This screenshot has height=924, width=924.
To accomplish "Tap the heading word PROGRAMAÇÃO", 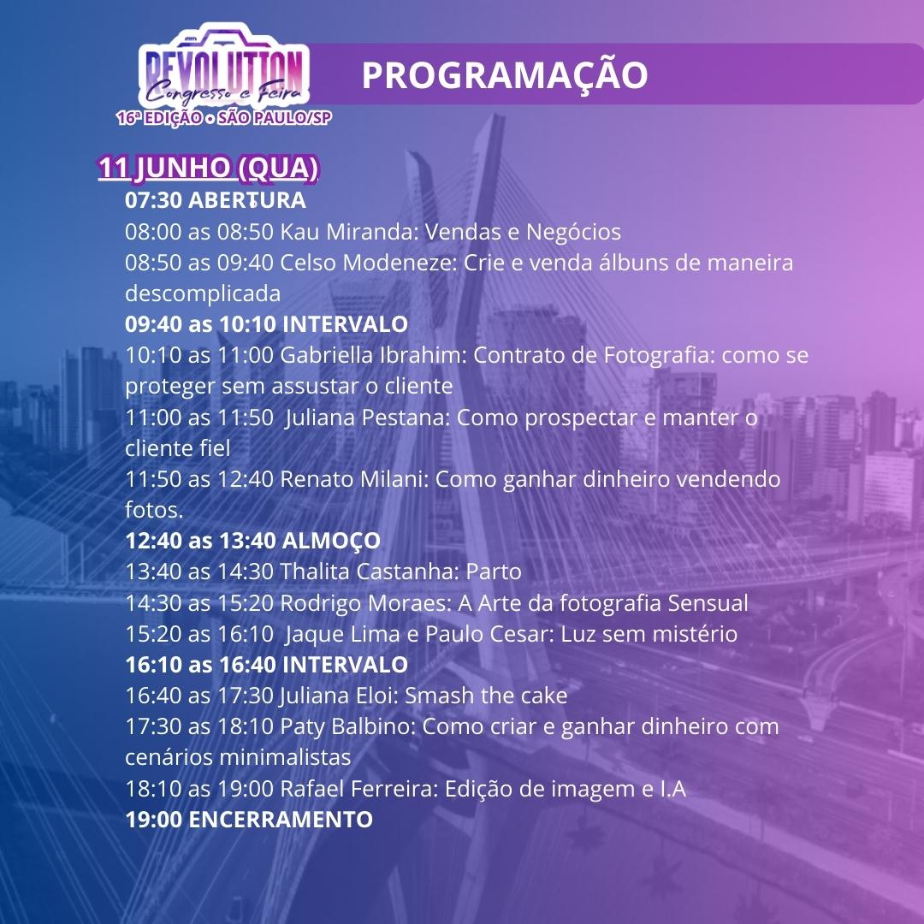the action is pyautogui.click(x=505, y=74).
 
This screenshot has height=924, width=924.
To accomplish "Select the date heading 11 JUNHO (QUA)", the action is pyautogui.click(x=208, y=168).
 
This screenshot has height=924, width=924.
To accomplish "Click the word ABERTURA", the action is pyautogui.click(x=247, y=200).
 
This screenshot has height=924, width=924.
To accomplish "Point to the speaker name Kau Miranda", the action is pyautogui.click(x=348, y=232).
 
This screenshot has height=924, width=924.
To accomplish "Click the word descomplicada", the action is pyautogui.click(x=203, y=293).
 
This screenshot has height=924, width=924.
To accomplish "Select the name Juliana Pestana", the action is pyautogui.click(x=367, y=418).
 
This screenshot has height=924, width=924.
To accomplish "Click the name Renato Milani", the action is pyautogui.click(x=353, y=479).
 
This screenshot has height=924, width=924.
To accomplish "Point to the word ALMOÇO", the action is pyautogui.click(x=331, y=541).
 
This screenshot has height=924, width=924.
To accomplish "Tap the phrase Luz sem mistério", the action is pyautogui.click(x=649, y=634).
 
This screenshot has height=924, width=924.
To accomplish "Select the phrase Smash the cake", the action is pyautogui.click(x=486, y=696).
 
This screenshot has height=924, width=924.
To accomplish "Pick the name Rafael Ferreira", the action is pyautogui.click(x=358, y=789).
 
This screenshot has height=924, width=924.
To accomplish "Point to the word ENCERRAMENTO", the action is pyautogui.click(x=281, y=820).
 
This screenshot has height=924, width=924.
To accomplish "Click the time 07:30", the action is pyautogui.click(x=153, y=200).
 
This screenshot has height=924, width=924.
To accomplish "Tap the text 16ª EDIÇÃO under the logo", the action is pyautogui.click(x=160, y=118).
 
